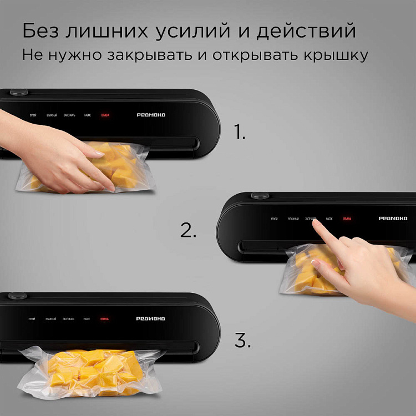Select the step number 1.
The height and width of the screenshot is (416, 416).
(x=239, y=132)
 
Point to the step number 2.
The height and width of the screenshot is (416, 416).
(x=188, y=231)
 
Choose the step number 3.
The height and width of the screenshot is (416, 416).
(x=242, y=341)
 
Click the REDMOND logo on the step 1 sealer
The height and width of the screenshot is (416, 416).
(x=151, y=115)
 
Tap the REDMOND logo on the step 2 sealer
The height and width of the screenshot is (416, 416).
(x=393, y=219)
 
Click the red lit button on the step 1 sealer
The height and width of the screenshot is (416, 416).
(x=105, y=115)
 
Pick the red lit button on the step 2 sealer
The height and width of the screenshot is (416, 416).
(x=348, y=219)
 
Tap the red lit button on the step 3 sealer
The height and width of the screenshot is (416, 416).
(x=105, y=319)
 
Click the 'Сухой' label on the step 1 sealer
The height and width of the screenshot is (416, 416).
(x=33, y=115)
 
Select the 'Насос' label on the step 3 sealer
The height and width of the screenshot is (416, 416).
(x=87, y=319)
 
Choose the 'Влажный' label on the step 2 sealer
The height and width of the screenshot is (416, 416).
(x=293, y=219)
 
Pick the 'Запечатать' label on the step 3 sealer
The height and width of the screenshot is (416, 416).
(x=69, y=319)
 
